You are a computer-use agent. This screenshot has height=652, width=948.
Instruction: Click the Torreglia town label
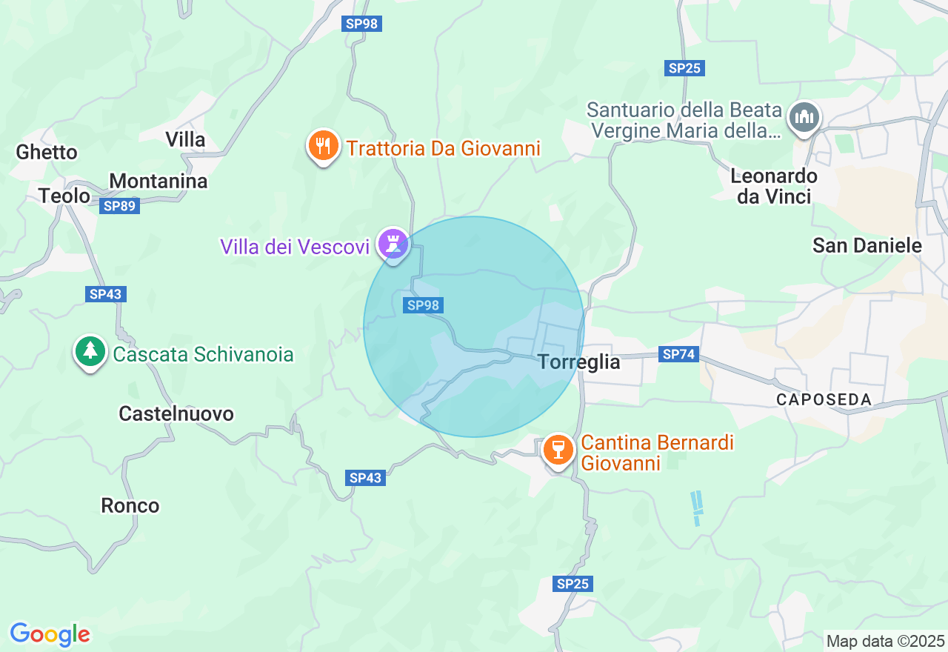point(579,362)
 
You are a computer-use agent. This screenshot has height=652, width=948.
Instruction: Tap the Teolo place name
point(64,196)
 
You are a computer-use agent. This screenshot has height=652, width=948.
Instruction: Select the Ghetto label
point(47,152)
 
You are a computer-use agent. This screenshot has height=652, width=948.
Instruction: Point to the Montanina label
point(158,182)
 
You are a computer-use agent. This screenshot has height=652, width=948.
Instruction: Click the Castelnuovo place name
point(176,413)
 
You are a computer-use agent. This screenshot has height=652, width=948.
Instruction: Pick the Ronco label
point(130,505)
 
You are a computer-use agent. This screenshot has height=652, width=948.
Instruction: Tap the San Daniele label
point(867,245)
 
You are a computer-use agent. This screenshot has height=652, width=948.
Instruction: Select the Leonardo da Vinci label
point(774,186)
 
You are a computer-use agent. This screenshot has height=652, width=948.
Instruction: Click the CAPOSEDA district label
point(824,400)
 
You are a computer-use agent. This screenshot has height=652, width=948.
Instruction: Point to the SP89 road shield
point(119,206)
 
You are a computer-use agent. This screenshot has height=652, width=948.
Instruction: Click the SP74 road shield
point(679,354)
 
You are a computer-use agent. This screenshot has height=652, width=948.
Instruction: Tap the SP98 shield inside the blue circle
point(424,305)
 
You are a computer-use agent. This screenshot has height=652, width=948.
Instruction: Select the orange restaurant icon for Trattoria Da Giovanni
point(323,145)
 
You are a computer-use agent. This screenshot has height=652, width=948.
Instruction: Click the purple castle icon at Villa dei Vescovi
point(393,243)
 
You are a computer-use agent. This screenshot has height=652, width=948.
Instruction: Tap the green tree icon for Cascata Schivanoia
point(90,351)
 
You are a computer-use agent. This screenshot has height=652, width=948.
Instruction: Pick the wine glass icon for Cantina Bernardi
point(558,450)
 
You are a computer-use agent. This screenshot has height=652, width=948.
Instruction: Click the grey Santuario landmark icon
point(804,117)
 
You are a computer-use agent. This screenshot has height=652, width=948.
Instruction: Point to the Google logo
point(50,634)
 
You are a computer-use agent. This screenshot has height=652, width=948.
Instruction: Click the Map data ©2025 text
point(885,641)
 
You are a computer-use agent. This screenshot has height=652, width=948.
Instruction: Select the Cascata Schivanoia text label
point(203,355)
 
